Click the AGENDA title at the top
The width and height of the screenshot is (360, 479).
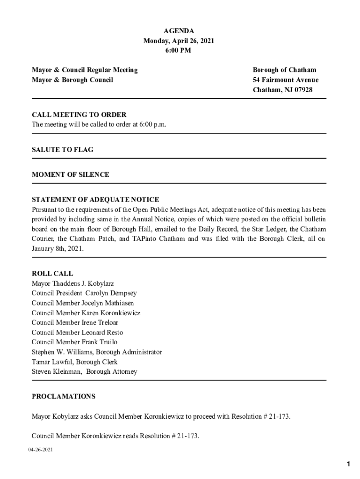179,31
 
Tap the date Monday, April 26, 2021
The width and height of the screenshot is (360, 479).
179,41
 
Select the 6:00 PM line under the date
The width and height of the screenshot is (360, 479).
179,51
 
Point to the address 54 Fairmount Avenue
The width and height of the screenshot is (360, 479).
285,80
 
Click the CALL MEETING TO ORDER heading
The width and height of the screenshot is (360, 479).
79,115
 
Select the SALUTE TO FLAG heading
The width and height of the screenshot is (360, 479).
63,150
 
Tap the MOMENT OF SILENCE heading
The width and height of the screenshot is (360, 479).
71,174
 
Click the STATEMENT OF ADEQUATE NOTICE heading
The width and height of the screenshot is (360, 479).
95,200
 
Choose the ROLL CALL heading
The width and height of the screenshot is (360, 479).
52,274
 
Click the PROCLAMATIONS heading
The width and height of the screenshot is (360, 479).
64,397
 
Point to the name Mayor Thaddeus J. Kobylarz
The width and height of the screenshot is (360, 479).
72,283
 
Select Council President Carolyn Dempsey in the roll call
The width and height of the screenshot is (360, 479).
84,293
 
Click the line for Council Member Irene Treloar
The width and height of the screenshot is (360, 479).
75,323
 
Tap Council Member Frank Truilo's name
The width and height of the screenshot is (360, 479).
74,342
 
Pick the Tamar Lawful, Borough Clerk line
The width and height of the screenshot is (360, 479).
74,362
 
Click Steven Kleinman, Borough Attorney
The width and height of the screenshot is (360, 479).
85,372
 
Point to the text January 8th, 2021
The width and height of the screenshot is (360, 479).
58,249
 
